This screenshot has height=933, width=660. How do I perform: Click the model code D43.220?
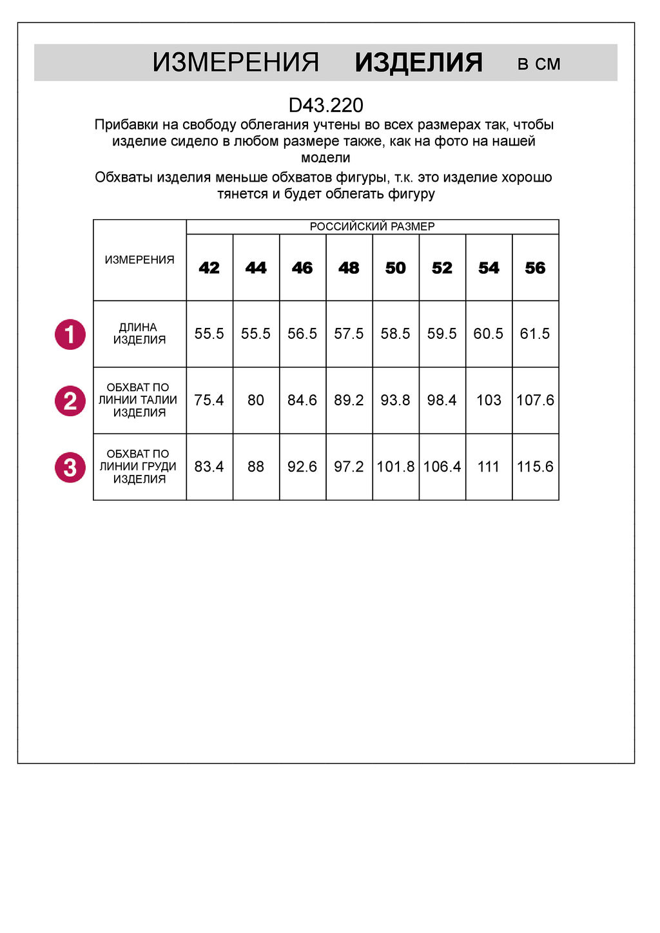click(325, 105)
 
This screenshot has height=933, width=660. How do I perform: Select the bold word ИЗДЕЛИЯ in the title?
click(418, 63)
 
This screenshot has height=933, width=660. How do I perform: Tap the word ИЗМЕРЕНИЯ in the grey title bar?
click(236, 63)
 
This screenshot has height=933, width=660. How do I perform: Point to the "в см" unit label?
click(539, 64)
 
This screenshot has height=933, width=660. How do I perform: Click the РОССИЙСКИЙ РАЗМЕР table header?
click(372, 227)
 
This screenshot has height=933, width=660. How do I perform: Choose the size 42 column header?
click(209, 268)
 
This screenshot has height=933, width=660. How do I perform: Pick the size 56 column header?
click(535, 268)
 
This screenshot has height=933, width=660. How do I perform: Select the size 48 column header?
click(349, 268)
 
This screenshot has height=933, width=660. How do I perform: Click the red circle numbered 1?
click(70, 334)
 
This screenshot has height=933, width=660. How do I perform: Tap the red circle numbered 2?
click(70, 401)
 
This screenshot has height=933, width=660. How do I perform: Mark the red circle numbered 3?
click(70, 467)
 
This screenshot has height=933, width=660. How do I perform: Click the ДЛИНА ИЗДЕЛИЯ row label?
click(139, 334)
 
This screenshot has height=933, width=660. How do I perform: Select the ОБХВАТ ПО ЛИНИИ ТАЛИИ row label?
click(139, 400)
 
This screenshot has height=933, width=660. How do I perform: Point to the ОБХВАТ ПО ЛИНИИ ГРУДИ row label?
click(139, 466)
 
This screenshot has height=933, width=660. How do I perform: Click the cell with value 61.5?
click(535, 334)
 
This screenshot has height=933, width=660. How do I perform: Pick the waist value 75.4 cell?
click(209, 400)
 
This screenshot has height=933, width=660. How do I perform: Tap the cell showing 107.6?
click(535, 400)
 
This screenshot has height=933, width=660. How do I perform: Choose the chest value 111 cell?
click(489, 466)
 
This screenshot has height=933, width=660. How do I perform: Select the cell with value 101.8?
click(395, 466)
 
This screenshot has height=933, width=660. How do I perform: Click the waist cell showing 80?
click(256, 400)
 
